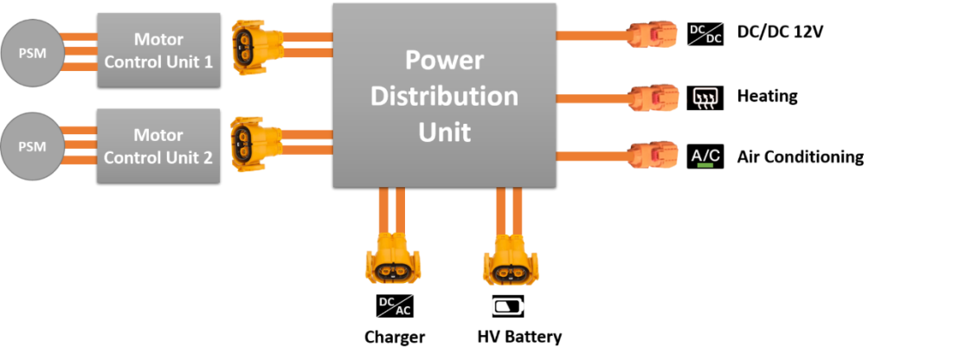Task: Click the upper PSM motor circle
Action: coord(33,52)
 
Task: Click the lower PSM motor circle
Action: coord(33,146)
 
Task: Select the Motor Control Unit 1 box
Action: coord(158,50)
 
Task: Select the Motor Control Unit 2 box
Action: coord(158,145)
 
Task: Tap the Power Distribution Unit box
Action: coord(444,94)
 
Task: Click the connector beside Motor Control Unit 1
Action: coord(256,48)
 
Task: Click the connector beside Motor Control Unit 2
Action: coord(256,143)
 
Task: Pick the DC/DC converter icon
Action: coord(706,35)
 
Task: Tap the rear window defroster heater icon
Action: coord(705,97)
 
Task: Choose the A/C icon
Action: coord(705,156)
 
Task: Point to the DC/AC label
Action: coord(394,306)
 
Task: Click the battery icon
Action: coord(508,306)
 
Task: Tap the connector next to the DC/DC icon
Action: coord(653,35)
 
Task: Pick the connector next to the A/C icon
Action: coord(653,155)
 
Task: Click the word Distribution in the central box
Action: coord(444,95)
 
